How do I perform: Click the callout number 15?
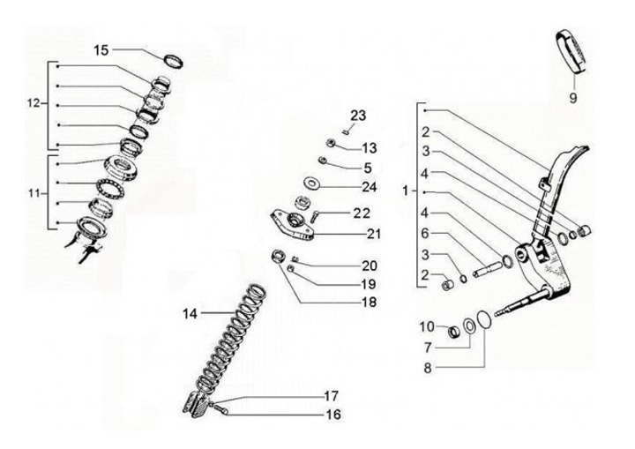click(x=101, y=50)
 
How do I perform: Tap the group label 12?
click(x=34, y=103)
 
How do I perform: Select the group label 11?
click(x=34, y=194)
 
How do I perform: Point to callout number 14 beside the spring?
click(x=190, y=313)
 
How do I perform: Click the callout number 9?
click(x=572, y=98)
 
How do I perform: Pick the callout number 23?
click(x=358, y=116)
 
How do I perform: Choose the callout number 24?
click(x=369, y=187)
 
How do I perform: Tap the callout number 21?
click(x=373, y=234)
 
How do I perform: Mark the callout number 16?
click(x=333, y=415)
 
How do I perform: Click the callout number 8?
click(x=428, y=369)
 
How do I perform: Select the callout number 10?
click(x=427, y=326)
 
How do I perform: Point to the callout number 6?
click(x=425, y=233)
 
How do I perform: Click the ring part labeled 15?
click(x=174, y=61)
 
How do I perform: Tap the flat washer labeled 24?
click(x=311, y=183)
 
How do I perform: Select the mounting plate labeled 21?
click(x=292, y=225)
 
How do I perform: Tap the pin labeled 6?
click(x=489, y=269)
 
